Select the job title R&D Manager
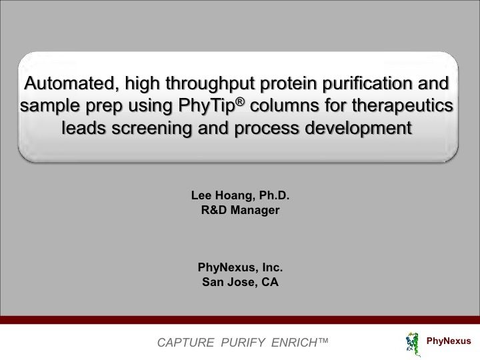(240, 211)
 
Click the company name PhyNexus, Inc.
(240, 267)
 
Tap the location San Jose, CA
(240, 282)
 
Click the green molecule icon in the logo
(412, 341)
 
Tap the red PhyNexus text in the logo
(448, 341)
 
